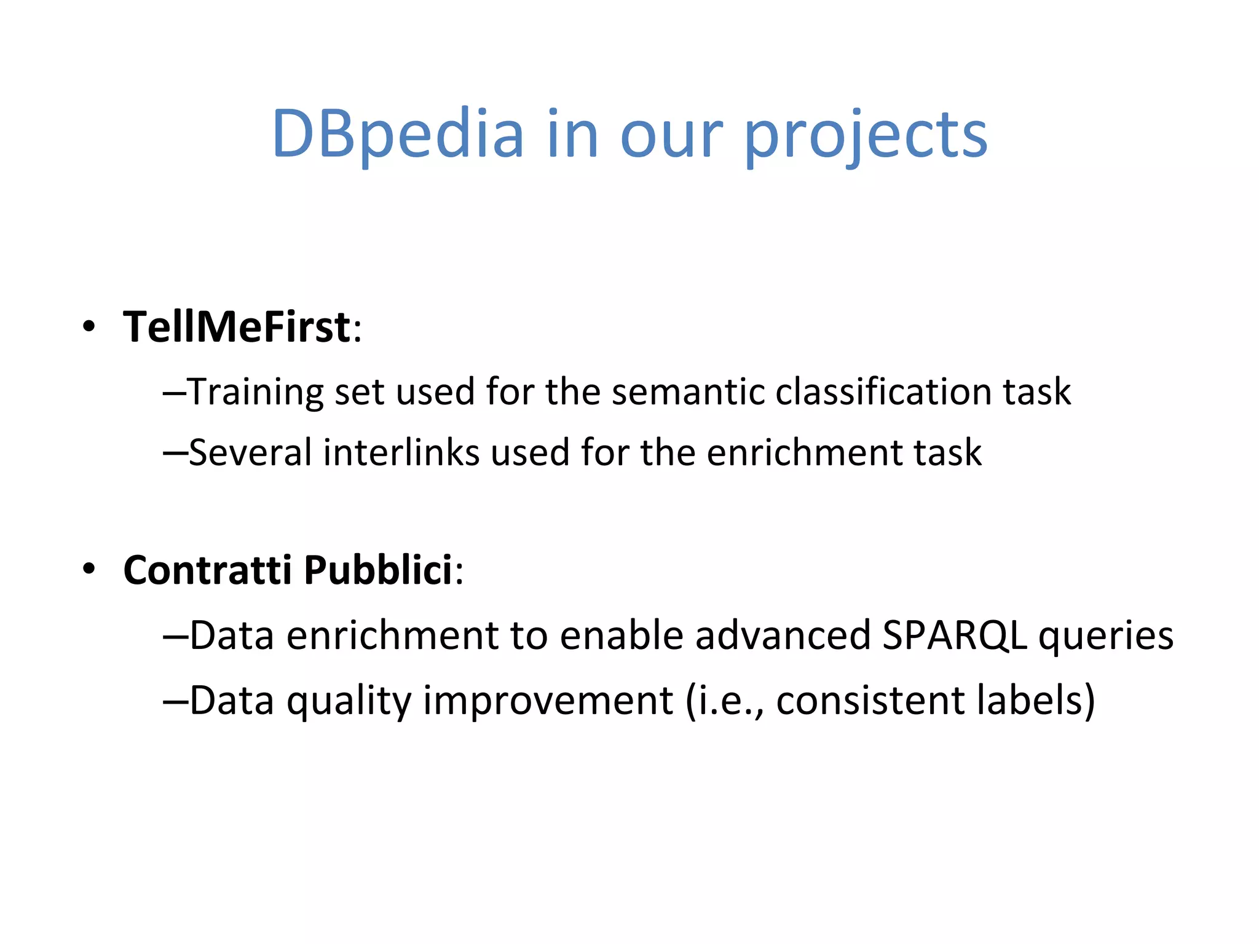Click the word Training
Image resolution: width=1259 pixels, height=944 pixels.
pos(255,391)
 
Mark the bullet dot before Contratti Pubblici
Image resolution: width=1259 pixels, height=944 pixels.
pos(90,570)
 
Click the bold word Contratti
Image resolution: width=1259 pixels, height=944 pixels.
pos(208,570)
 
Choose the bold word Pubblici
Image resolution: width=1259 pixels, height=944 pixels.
pos(378,570)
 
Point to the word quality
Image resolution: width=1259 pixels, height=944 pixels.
pos(349,701)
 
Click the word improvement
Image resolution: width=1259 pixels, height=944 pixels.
pos(548,701)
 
